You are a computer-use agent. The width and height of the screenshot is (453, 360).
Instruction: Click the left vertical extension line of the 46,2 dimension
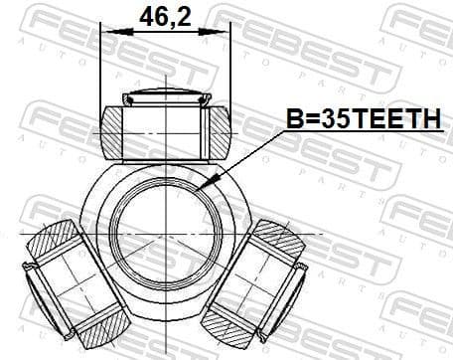(100, 70)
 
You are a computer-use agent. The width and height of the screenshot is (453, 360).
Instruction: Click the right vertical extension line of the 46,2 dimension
(229, 70)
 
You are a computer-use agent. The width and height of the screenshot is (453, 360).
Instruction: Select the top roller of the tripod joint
(165, 129)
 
